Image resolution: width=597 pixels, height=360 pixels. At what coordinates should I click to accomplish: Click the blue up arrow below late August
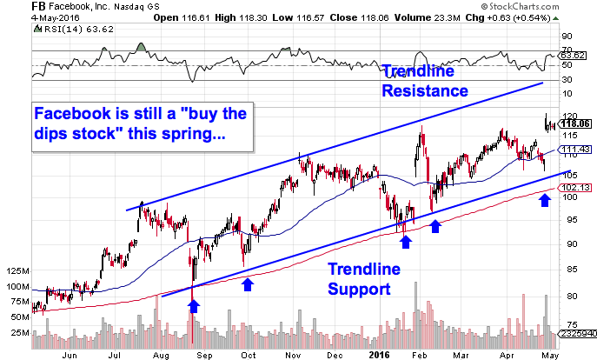coord(193,304)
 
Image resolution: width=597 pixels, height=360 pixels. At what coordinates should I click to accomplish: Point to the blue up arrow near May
coord(545,202)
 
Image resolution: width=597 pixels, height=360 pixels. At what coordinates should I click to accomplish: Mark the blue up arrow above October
coord(248,283)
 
